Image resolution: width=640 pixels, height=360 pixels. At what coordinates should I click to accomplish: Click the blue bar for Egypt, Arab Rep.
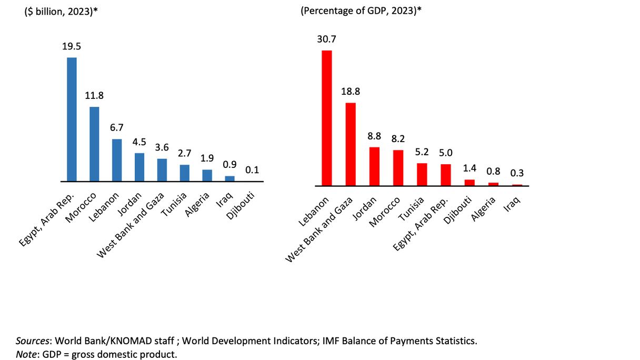(72, 119)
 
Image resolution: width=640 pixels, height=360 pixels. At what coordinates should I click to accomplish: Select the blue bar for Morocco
(94, 144)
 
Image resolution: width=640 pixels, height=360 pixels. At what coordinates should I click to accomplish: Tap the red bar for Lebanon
(327, 118)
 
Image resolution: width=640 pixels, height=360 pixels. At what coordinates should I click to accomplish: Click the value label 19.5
(72, 47)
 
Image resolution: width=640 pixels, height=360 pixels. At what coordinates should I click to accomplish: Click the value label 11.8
(94, 96)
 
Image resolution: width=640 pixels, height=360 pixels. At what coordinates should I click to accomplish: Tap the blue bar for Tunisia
(184, 173)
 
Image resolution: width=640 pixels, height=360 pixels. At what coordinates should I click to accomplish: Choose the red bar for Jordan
(374, 166)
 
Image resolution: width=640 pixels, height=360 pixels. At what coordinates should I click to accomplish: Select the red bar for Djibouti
(469, 183)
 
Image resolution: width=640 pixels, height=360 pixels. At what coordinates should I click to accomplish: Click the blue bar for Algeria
(207, 175)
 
